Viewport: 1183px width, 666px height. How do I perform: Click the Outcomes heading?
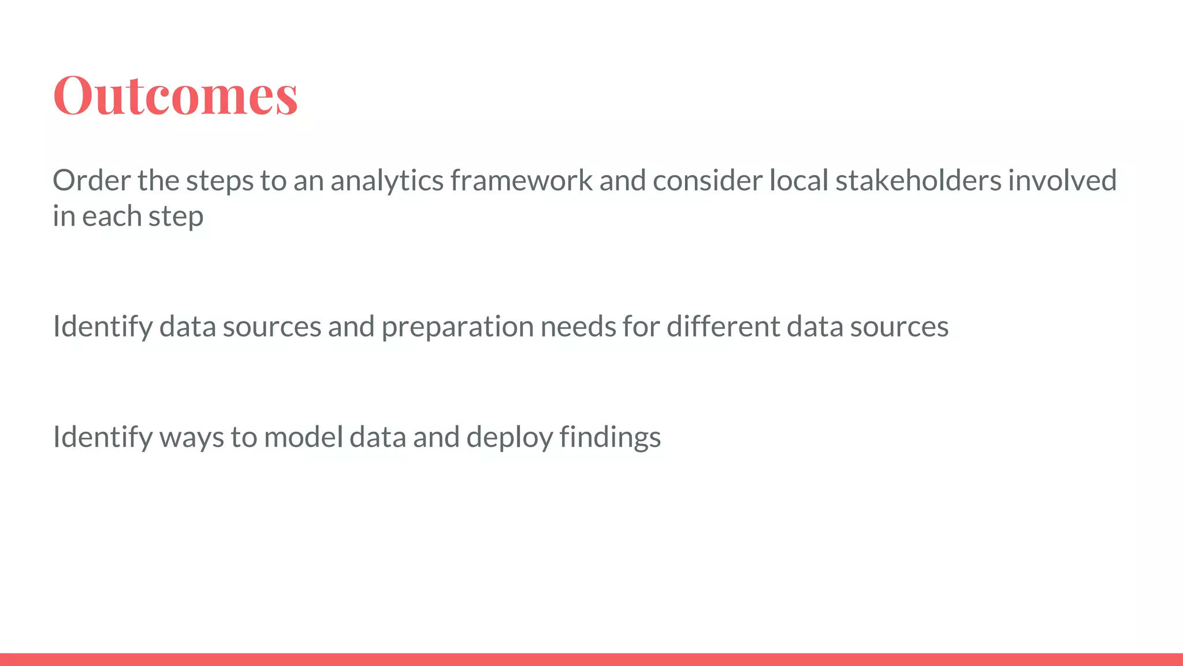(176, 95)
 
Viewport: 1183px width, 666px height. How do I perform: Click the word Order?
(92, 180)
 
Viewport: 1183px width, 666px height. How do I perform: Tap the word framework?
(521, 180)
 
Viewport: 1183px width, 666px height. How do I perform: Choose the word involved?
(1062, 180)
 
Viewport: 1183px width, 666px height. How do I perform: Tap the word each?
(111, 216)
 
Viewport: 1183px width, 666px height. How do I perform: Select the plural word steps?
(220, 182)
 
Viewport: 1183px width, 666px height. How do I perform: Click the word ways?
(192, 438)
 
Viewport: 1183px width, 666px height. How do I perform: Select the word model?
(303, 436)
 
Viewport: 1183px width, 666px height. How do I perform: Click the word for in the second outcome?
(641, 327)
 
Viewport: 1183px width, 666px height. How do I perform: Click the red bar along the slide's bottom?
(591, 659)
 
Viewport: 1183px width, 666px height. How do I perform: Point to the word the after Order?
(158, 180)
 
